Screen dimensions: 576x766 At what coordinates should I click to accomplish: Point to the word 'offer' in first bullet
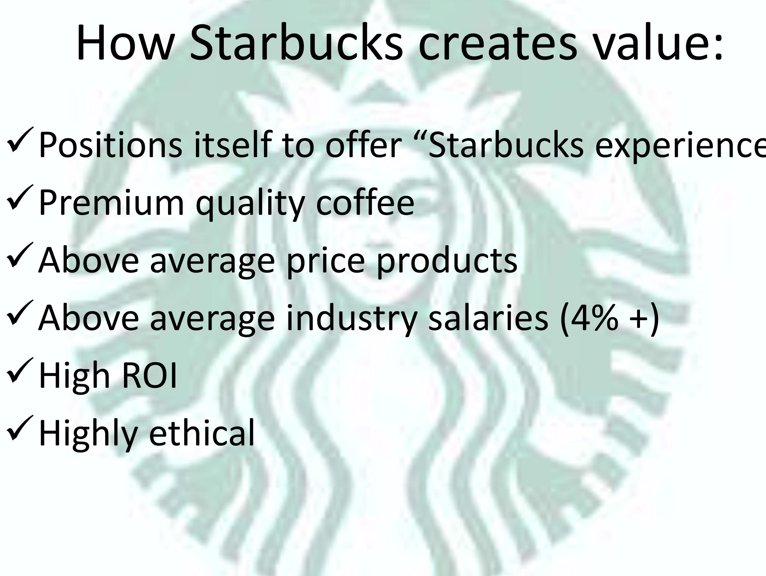click(363, 144)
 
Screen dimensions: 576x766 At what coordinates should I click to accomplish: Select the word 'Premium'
click(112, 203)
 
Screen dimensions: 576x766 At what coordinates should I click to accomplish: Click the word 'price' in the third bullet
click(326, 261)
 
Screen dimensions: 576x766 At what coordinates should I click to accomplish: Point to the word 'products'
click(447, 261)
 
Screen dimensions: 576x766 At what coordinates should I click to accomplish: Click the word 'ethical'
click(202, 432)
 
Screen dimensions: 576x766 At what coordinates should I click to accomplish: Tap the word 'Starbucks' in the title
click(296, 43)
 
